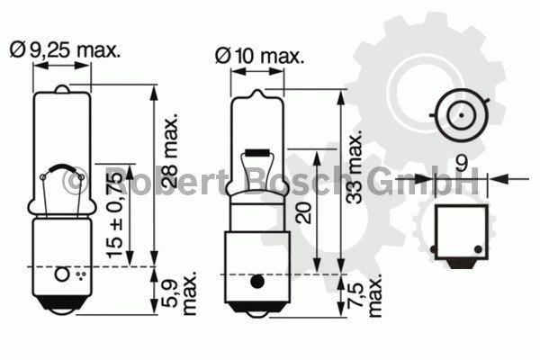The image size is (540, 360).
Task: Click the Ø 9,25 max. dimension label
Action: (x=66, y=50)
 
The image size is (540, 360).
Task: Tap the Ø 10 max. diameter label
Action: (x=260, y=56)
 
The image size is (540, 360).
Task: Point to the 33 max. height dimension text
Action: (x=355, y=166)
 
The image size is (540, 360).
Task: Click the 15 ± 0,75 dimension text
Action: (x=114, y=214)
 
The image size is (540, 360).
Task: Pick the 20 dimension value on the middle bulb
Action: (x=304, y=213)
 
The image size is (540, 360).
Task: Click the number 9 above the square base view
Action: (x=462, y=163)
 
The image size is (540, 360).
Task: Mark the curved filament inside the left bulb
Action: (x=62, y=168)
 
